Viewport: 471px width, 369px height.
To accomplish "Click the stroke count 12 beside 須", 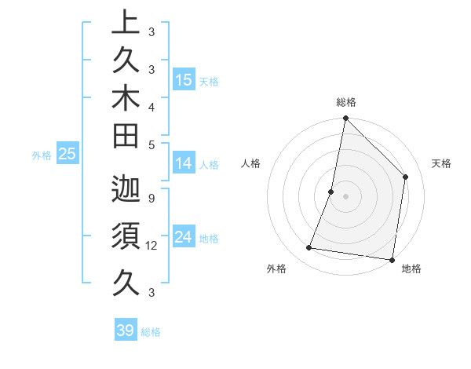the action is [153, 246].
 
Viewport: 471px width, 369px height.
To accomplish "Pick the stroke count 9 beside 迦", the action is [151, 198].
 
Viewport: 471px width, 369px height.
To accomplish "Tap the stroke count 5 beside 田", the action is [151, 144].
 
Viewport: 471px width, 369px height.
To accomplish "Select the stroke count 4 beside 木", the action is [151, 106].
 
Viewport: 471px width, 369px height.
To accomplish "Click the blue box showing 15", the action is [184, 79].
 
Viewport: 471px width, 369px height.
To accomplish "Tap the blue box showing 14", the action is [184, 163].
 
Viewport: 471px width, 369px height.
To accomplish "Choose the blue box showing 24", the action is [184, 237].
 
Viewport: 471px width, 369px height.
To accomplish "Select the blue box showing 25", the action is [68, 155].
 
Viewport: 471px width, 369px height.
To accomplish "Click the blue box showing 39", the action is [126, 331].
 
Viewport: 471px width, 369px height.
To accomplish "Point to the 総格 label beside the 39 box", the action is [152, 332].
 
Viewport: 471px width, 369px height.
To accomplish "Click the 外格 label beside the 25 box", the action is [42, 155].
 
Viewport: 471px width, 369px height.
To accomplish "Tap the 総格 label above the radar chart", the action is [346, 102].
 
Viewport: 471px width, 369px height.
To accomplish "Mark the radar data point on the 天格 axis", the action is [406, 177].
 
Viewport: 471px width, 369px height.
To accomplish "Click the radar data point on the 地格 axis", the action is [391, 259].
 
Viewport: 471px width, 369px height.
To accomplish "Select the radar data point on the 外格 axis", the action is [309, 248].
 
